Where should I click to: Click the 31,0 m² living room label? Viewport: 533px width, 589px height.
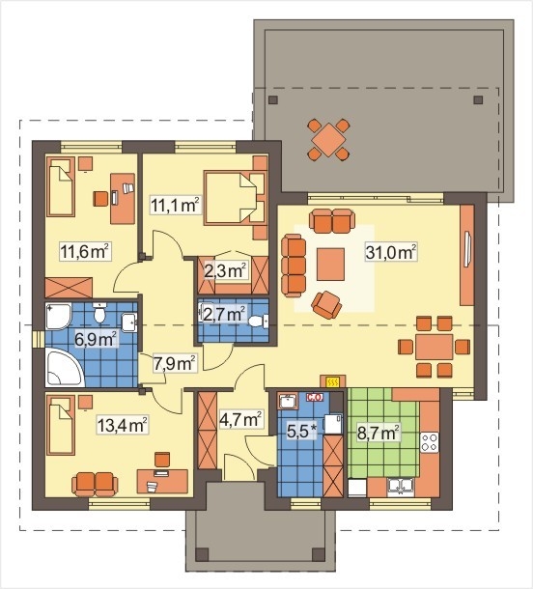[x=391, y=252]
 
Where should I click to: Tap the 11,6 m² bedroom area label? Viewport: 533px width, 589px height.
[x=85, y=251]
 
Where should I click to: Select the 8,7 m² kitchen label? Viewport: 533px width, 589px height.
[x=378, y=434]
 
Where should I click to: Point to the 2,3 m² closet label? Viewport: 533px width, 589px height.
[x=225, y=270]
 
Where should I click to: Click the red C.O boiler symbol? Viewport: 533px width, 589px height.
[x=315, y=398]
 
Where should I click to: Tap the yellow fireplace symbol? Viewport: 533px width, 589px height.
[x=332, y=382]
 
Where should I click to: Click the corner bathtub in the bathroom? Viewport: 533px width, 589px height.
[x=64, y=367]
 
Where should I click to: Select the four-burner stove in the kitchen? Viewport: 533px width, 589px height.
[x=430, y=442]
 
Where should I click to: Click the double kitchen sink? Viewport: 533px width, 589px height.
[x=401, y=487]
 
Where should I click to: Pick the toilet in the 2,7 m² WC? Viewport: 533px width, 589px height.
[x=259, y=322]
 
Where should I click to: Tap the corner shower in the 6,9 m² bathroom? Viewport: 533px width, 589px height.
[x=58, y=317]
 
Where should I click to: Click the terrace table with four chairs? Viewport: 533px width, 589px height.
[x=328, y=139]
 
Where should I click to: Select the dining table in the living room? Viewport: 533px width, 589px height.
[x=434, y=347]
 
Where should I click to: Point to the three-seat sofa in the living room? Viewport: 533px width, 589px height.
[x=294, y=266]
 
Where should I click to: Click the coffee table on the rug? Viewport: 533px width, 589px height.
[x=330, y=265]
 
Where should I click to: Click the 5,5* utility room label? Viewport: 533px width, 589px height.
[x=302, y=432]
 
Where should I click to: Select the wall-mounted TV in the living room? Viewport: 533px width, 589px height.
[x=467, y=249]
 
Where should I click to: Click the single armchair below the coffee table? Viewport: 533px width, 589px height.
[x=326, y=304]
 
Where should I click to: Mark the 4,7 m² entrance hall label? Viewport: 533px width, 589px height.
[x=240, y=420]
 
